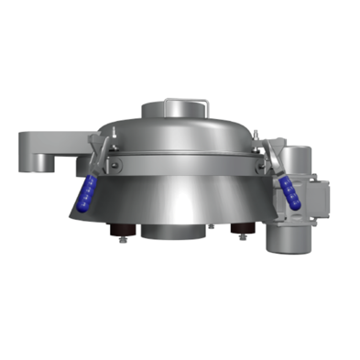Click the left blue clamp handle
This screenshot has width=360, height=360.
(86, 193)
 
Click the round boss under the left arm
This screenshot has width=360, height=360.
(43, 163)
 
